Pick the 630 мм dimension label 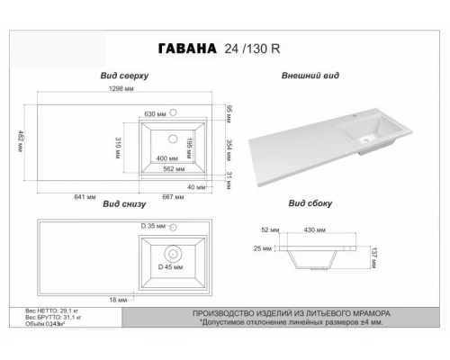pos(156,115)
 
